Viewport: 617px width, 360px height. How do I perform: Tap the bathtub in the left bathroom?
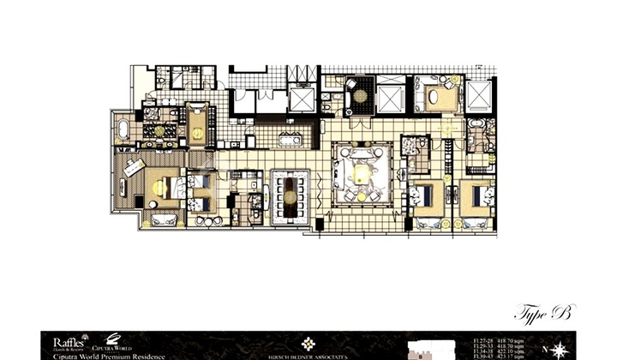pyautogui.click(x=123, y=131)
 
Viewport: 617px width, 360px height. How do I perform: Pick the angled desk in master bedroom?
pyautogui.click(x=133, y=167)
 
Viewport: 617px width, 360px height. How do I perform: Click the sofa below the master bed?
pyautogui.click(x=163, y=220)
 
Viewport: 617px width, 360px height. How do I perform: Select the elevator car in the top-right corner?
pyautogui.click(x=479, y=95)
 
